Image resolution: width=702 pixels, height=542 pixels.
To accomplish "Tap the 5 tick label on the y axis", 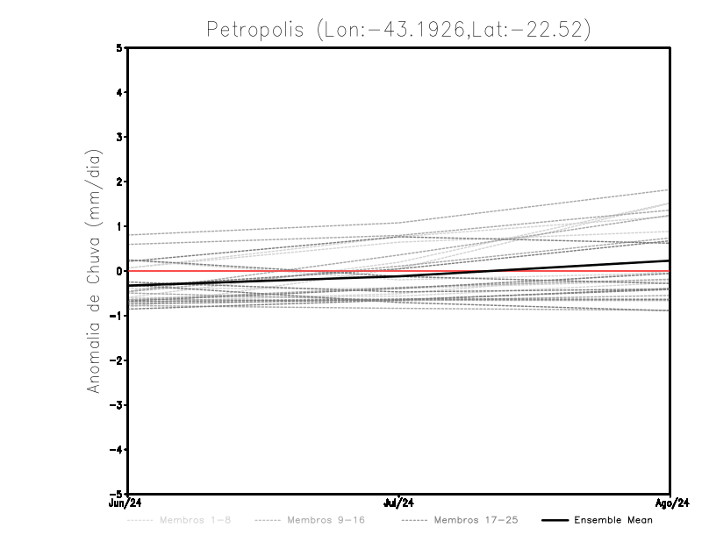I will click(119, 48).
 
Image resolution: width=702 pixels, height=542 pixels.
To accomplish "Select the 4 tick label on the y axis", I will click(119, 93).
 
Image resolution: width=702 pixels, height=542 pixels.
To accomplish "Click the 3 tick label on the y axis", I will click(119, 138).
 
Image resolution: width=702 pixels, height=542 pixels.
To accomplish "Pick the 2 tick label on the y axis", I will click(119, 182).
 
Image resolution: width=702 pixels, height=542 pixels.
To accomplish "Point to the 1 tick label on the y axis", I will click(119, 226).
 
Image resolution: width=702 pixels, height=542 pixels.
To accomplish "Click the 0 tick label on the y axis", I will click(119, 271).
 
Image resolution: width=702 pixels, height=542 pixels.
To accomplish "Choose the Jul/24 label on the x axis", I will click(399, 503).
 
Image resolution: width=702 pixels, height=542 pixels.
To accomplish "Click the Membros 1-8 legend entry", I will click(192, 520).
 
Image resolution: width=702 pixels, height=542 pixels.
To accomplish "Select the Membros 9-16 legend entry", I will click(325, 520).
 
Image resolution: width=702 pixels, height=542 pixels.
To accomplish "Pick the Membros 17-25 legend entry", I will click(476, 520).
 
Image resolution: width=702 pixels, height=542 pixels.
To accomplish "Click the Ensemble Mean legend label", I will click(612, 520).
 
